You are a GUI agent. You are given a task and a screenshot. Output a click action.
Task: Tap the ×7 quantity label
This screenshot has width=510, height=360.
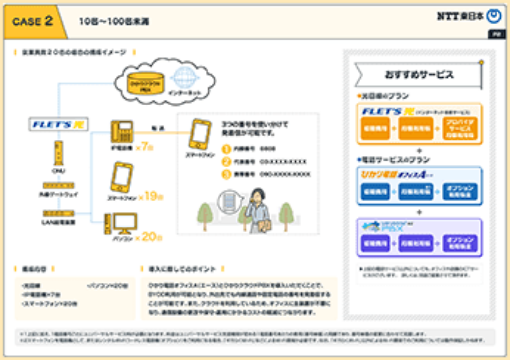pos(147,146)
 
